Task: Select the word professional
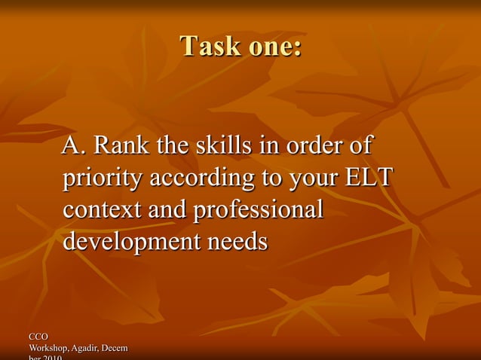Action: tap(259, 210)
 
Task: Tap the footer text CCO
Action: tap(38, 336)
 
